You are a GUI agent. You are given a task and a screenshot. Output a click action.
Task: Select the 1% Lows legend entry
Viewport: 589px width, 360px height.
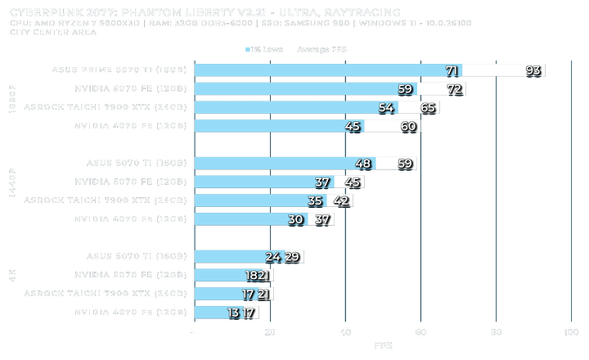click(263, 49)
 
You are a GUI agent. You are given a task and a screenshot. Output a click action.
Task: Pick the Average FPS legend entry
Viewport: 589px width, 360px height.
click(321, 49)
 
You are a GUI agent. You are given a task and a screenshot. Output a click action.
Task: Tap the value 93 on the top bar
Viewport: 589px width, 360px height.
click(533, 71)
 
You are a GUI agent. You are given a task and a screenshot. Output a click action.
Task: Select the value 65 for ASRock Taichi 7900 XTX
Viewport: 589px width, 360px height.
click(428, 107)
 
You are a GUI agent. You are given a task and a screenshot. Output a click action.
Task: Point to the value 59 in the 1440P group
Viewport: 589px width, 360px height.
click(404, 163)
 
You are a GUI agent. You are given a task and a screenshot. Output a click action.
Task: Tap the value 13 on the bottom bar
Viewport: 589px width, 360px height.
click(234, 313)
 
